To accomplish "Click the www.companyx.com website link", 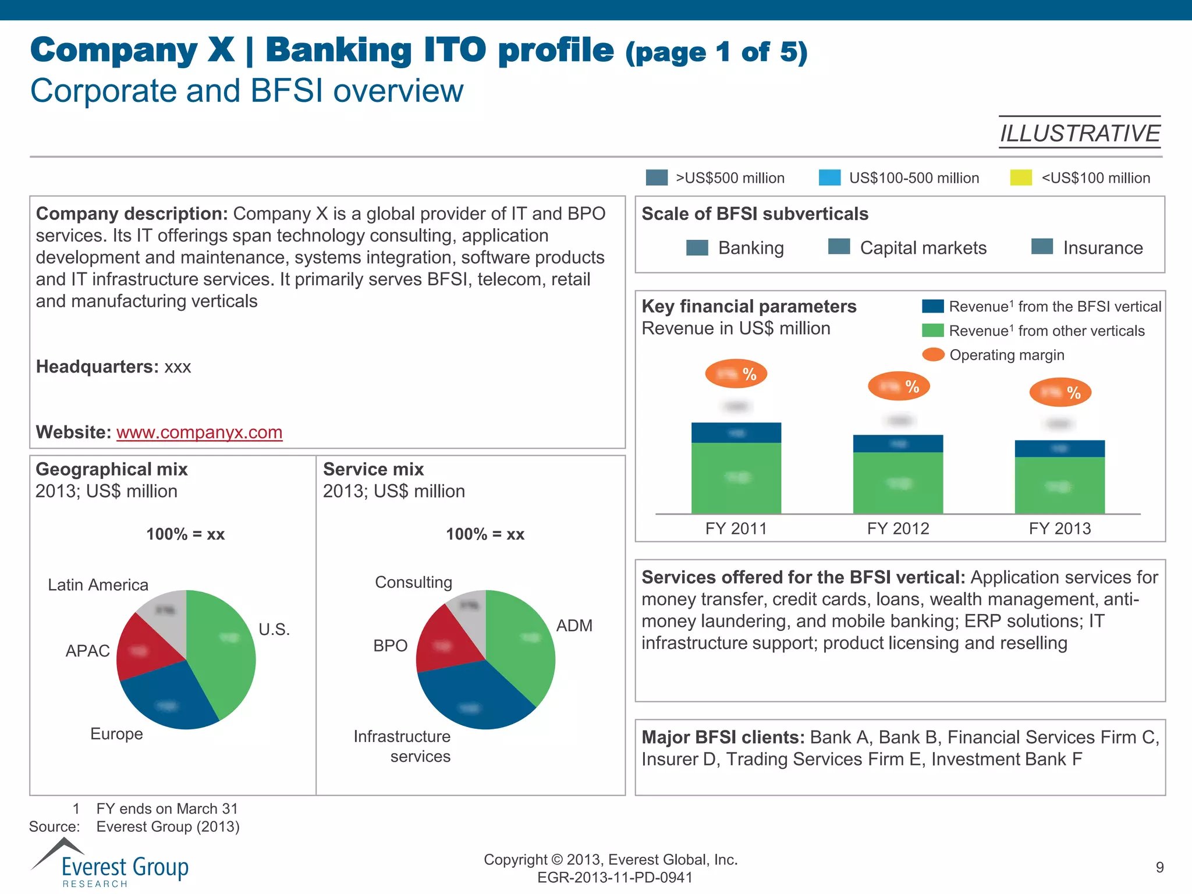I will pyautogui.click(x=199, y=432).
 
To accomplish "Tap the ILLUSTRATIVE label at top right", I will pyautogui.click(x=1080, y=133).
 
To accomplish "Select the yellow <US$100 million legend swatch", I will pyautogui.click(x=1021, y=178).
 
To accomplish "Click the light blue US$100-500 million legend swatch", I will pyautogui.click(x=829, y=178).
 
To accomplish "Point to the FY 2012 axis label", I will pyautogui.click(x=897, y=528).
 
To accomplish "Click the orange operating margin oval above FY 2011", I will pyautogui.click(x=736, y=374).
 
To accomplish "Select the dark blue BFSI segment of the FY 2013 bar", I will pyautogui.click(x=1059, y=449).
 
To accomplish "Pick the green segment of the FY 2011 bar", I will pyautogui.click(x=736, y=478).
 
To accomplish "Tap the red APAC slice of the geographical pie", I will pyautogui.click(x=143, y=649).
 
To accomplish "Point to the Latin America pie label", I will pyautogui.click(x=98, y=585).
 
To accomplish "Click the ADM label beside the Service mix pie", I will pyautogui.click(x=574, y=626).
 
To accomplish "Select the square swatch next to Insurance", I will pyautogui.click(x=1042, y=247).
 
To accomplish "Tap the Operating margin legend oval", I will pyautogui.click(x=933, y=354).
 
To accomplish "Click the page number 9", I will pyautogui.click(x=1159, y=867).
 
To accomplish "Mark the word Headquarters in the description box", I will pyautogui.click(x=97, y=367).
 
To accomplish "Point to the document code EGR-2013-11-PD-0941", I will pyautogui.click(x=615, y=877).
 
